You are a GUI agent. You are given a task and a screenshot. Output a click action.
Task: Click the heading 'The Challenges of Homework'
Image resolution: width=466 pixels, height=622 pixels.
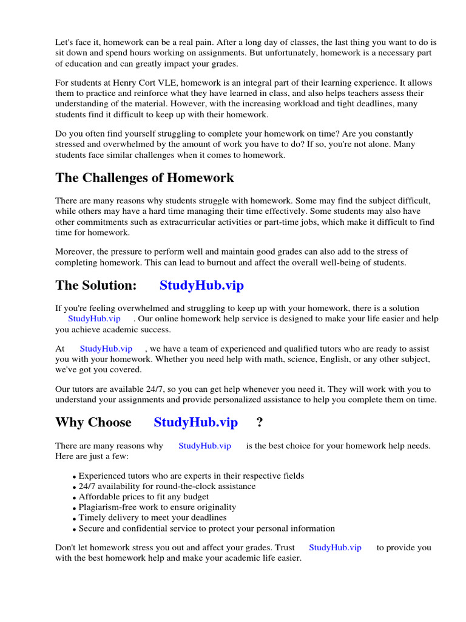point(144,178)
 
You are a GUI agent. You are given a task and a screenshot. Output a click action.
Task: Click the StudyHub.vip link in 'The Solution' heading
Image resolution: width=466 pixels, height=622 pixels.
point(201,285)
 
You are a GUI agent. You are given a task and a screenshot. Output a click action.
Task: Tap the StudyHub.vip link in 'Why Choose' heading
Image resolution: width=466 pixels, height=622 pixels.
point(195,422)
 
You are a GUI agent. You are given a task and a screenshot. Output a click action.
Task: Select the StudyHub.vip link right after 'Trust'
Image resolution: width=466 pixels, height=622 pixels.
point(335,547)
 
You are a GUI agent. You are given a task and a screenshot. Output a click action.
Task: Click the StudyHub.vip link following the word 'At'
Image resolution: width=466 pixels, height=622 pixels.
point(106,349)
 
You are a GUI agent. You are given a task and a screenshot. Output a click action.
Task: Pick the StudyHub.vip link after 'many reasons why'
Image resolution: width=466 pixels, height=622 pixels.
point(204,446)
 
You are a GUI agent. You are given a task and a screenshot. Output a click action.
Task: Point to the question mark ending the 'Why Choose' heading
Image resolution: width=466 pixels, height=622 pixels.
point(260,422)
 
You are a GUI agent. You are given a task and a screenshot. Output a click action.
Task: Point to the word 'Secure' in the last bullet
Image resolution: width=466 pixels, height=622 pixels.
point(92,528)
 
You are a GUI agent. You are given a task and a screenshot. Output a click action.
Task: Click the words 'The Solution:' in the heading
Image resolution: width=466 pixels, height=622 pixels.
point(96,285)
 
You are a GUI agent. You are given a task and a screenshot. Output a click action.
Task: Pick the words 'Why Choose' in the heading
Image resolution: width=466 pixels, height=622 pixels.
point(93,422)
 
